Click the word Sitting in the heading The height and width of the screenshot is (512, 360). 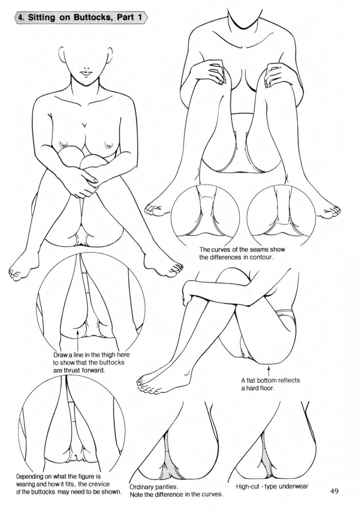tap(41, 18)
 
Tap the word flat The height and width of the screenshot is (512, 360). tap(250, 380)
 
